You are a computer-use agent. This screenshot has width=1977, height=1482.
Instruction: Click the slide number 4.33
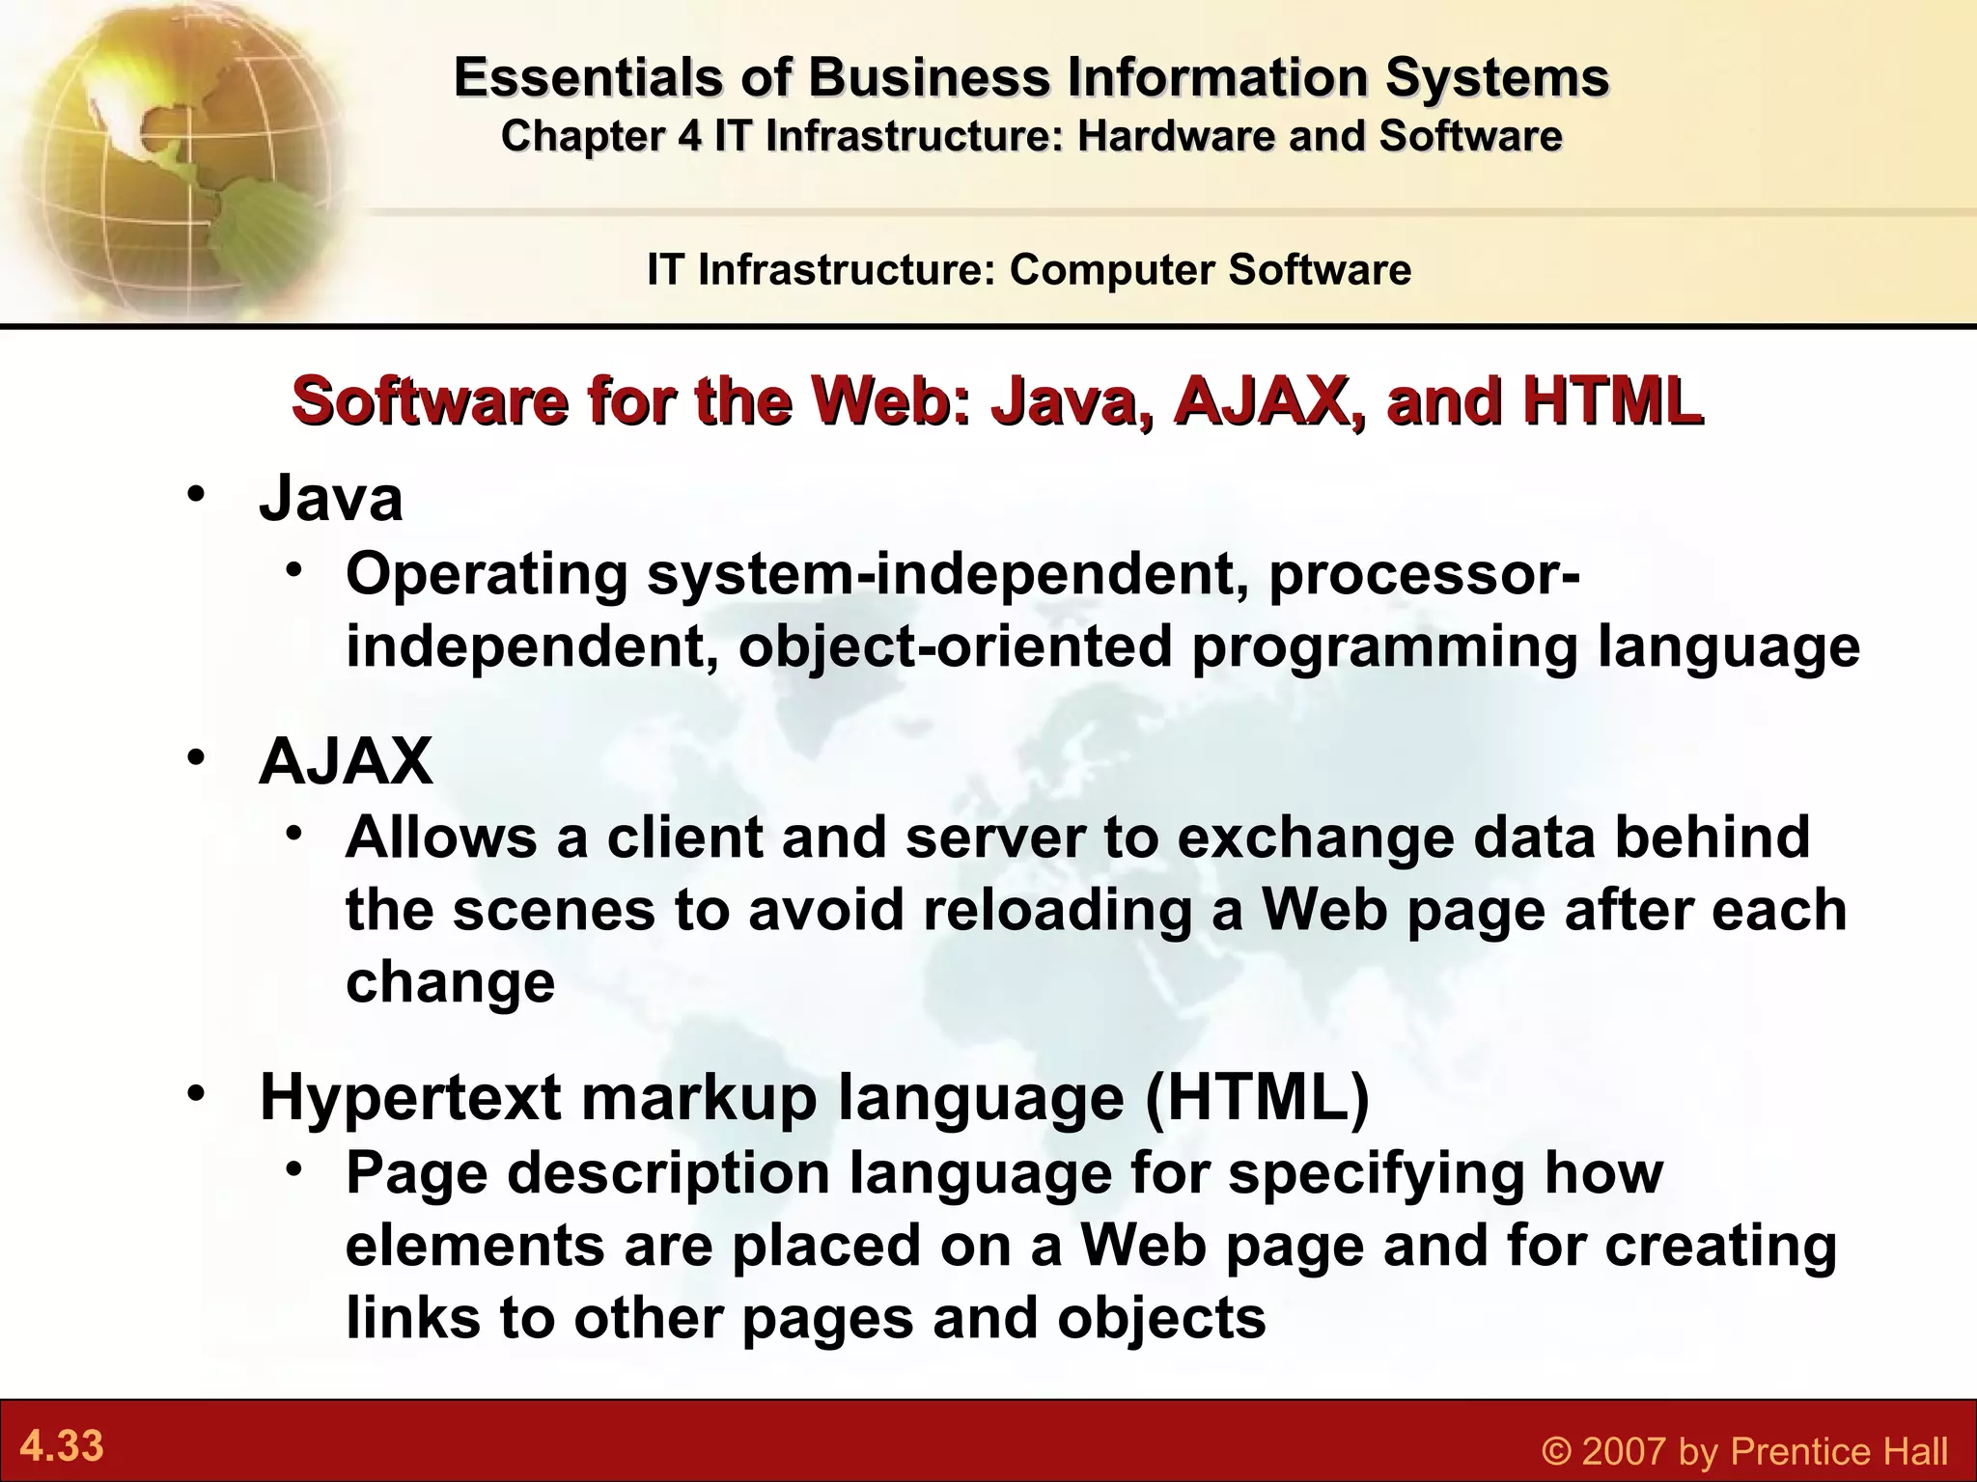click(62, 1447)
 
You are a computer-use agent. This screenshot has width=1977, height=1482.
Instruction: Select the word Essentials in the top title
click(587, 77)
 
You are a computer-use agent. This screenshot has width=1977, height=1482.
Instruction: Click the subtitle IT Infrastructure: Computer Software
click(1029, 269)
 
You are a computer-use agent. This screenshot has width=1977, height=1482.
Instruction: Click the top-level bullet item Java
click(331, 499)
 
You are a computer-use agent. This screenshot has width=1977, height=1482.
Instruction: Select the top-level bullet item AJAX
click(346, 761)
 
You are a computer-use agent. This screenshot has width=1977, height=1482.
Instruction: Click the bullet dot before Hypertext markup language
click(198, 1093)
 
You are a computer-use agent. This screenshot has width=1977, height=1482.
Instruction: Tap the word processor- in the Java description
click(1424, 573)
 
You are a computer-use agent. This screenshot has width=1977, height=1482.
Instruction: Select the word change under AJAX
click(450, 982)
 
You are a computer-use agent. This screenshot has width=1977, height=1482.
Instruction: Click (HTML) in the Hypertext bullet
click(1256, 1098)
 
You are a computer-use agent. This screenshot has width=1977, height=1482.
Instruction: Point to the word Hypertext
click(410, 1098)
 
